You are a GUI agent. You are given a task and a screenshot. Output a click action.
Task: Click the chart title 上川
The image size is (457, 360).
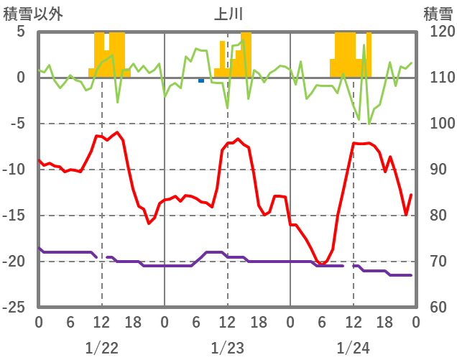click(228, 13)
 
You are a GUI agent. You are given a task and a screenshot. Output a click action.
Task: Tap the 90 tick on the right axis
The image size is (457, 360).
click(434, 170)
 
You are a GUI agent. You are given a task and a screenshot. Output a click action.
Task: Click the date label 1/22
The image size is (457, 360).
click(101, 348)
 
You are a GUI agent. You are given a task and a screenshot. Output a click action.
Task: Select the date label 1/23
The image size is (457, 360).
click(228, 348)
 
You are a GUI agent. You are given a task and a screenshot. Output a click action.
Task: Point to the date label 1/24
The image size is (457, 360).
click(354, 348)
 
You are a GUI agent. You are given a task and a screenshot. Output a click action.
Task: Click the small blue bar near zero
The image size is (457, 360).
click(201, 80)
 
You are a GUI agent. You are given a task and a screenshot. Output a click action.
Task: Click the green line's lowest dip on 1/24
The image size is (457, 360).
click(369, 123)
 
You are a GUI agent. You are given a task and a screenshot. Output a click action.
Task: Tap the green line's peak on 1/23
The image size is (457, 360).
click(243, 40)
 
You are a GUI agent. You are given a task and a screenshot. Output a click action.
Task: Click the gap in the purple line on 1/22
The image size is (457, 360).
click(101, 257)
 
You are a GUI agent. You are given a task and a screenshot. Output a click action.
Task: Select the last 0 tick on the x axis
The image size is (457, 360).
click(416, 323)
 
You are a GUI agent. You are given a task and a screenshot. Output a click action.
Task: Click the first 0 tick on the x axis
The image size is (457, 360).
click(39, 323)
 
